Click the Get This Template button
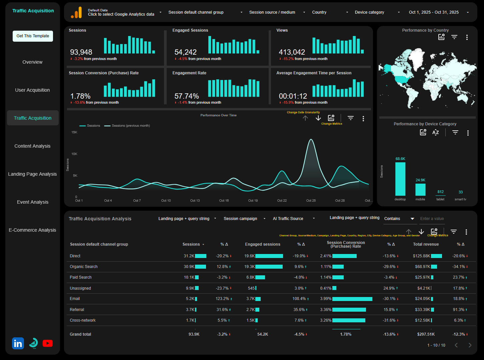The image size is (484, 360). pyautogui.click(x=33, y=36)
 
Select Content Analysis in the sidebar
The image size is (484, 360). pyautogui.click(x=32, y=146)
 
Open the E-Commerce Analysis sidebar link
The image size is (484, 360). pyautogui.click(x=32, y=230)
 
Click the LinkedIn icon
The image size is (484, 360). pyautogui.click(x=18, y=343)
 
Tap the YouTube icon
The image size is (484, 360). pyautogui.click(x=48, y=343)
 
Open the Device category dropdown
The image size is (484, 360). pyautogui.click(x=377, y=12)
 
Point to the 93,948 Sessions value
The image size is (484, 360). pyautogui.click(x=81, y=52)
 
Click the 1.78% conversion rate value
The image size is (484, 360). pyautogui.click(x=80, y=96)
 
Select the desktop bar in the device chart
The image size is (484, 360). pyautogui.click(x=400, y=179)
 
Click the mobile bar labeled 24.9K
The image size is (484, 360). pyautogui.click(x=420, y=189)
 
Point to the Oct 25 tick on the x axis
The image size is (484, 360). pyautogui.click(x=311, y=201)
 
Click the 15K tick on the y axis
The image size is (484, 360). pyautogui.click(x=74, y=132)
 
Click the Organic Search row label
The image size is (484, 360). pyautogui.click(x=84, y=267)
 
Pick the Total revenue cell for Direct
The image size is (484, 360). pyautogui.click(x=422, y=256)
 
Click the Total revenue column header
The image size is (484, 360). pyautogui.click(x=426, y=244)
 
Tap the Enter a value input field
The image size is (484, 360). pyautogui.click(x=432, y=219)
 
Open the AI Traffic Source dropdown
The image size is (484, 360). pyautogui.click(x=293, y=219)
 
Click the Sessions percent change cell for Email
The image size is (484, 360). pyautogui.click(x=222, y=299)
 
